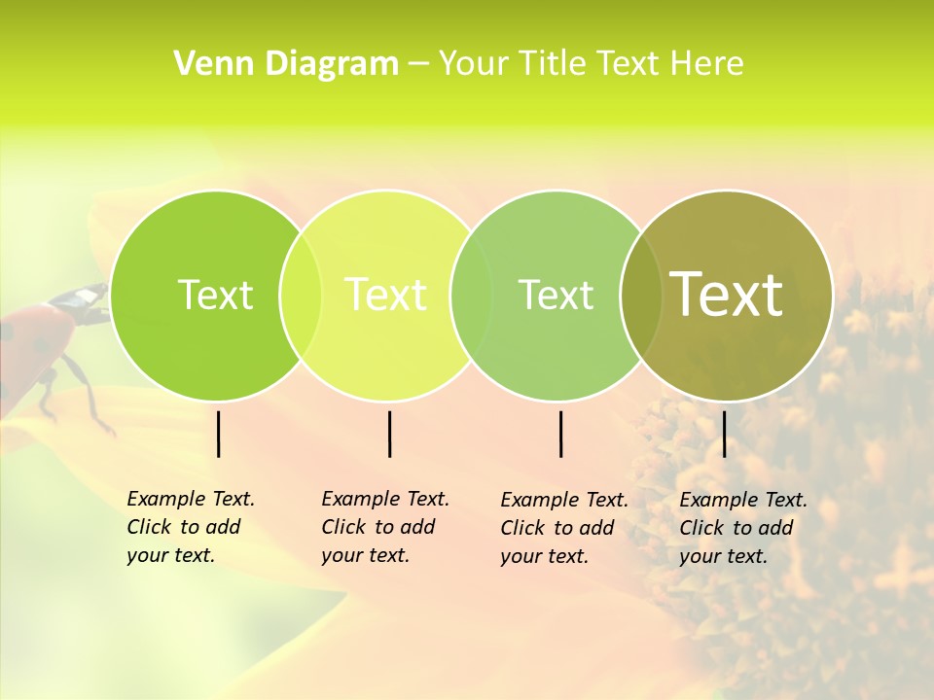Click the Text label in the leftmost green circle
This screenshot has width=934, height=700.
click(x=215, y=295)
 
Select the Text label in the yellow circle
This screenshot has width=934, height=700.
click(x=386, y=295)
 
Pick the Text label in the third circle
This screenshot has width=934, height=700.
click(x=556, y=295)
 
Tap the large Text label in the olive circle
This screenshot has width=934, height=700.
click(x=727, y=294)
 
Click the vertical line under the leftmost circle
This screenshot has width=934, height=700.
click(x=219, y=434)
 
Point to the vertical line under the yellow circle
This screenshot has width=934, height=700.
click(x=389, y=434)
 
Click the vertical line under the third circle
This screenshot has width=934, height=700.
click(x=561, y=434)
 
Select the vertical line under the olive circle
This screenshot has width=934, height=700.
click(x=725, y=434)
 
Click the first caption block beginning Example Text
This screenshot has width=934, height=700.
click(x=190, y=527)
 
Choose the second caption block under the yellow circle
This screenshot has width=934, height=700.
click(x=384, y=527)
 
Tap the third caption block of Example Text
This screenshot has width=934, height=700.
click(x=563, y=528)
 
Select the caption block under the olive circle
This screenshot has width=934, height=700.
click(x=742, y=528)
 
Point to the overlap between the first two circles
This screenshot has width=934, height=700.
click(x=301, y=295)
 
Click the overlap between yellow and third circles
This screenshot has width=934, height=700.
click(x=471, y=295)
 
